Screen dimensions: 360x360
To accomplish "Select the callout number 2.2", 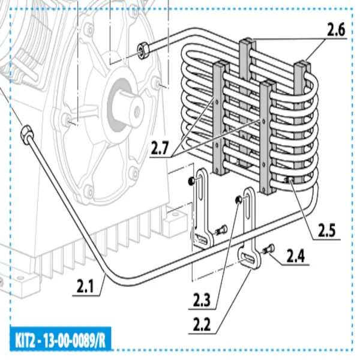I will tap(203, 325).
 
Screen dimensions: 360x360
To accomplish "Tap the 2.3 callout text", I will tap(202, 298).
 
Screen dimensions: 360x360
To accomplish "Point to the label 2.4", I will tap(295, 257).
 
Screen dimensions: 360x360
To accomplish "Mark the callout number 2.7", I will tap(160, 148).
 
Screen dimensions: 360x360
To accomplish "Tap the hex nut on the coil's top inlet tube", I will tap(143, 50).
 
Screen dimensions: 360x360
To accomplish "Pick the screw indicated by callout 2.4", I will tap(268, 249).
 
